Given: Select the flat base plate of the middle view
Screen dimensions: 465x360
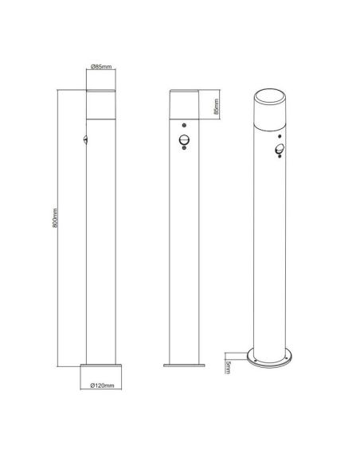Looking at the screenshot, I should pos(184,368).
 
